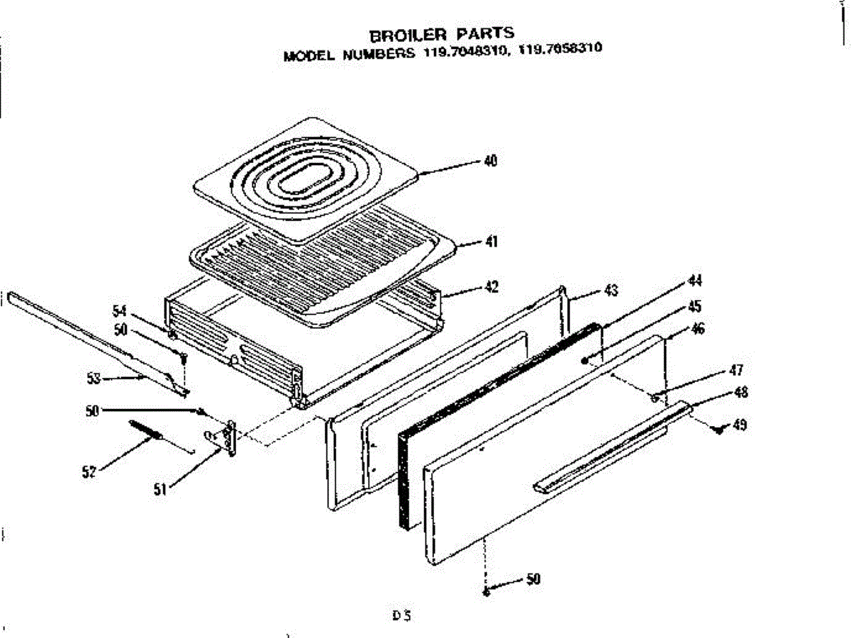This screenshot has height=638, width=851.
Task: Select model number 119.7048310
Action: pyautogui.click(x=461, y=52)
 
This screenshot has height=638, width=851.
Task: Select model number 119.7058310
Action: pyautogui.click(x=560, y=50)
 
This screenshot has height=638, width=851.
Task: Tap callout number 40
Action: pyautogui.click(x=490, y=161)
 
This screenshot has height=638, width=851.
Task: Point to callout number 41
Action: pyautogui.click(x=491, y=242)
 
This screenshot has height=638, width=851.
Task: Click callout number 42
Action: pyautogui.click(x=491, y=287)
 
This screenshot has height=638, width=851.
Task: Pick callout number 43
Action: pyautogui.click(x=611, y=291)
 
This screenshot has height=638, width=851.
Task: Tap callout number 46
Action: pyautogui.click(x=698, y=329)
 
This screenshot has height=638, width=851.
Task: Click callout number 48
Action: pyautogui.click(x=741, y=392)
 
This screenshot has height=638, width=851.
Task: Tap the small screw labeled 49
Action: pyautogui.click(x=719, y=429)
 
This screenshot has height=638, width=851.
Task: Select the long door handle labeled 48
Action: pyautogui.click(x=610, y=447)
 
